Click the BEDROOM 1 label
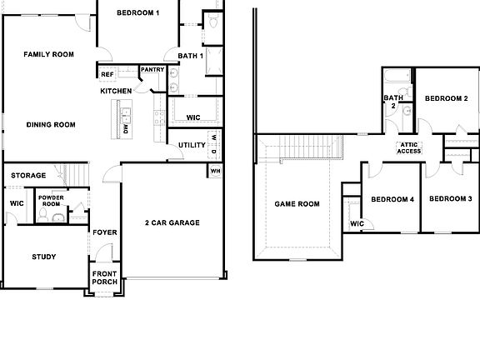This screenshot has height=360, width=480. (x=137, y=12)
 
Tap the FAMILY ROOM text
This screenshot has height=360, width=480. (x=48, y=54)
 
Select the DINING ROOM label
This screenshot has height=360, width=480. (x=51, y=125)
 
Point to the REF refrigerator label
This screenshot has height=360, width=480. (x=107, y=74)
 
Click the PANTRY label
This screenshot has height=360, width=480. (x=152, y=70)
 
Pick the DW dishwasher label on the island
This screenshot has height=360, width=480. (x=126, y=129)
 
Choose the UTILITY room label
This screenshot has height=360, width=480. (x=192, y=145)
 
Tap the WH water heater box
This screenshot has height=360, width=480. (x=215, y=171)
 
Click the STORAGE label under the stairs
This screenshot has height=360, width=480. (x=28, y=175)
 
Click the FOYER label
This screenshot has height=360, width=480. (x=104, y=232)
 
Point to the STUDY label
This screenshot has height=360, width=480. (x=43, y=257)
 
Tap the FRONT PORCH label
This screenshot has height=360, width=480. (x=104, y=278)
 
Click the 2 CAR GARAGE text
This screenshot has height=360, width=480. (x=172, y=222)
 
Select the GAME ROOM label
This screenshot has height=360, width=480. (x=297, y=203)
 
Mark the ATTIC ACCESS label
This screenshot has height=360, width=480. (x=409, y=147)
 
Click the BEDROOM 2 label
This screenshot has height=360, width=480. (x=446, y=98)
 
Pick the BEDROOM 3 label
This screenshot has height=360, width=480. (x=450, y=198)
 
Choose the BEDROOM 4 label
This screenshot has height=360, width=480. (x=392, y=199)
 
